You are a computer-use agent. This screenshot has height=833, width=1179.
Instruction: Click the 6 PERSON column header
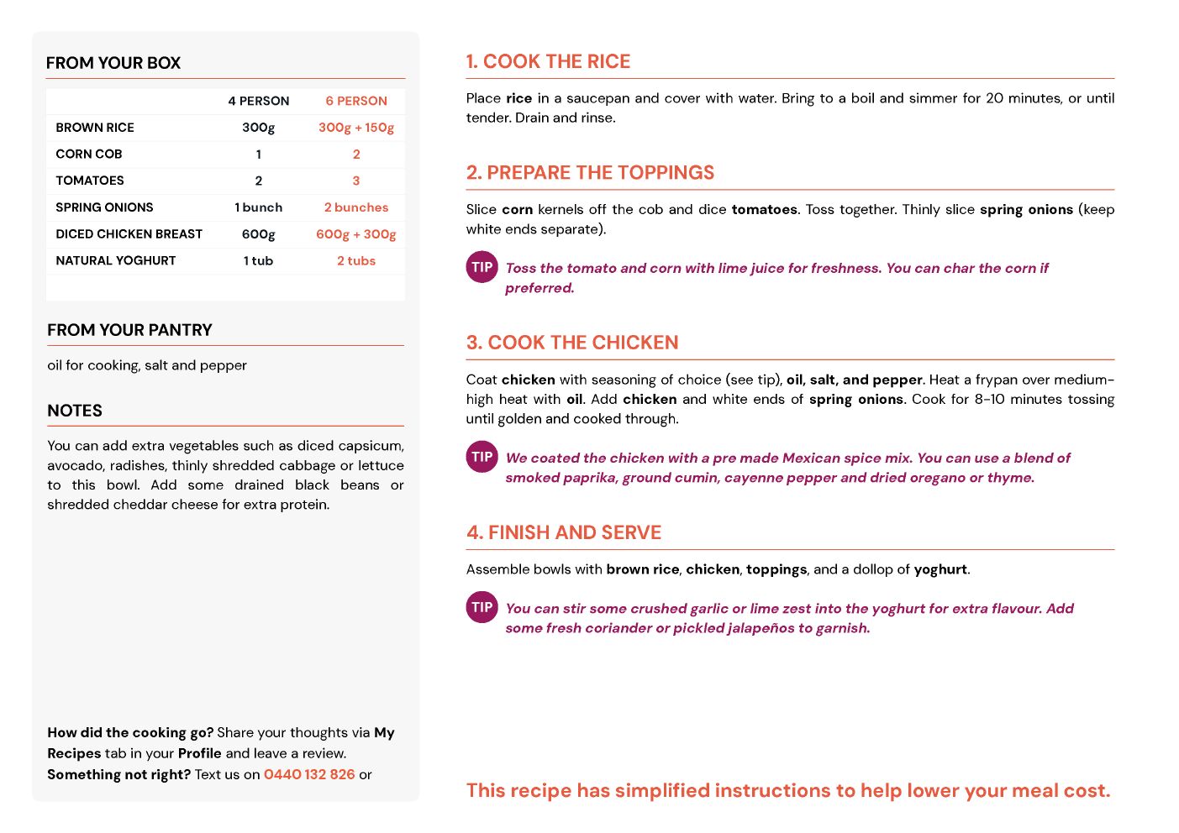tap(356, 101)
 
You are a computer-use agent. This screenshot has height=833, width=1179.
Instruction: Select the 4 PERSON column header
tap(258, 101)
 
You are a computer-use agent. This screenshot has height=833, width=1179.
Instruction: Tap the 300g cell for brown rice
tap(258, 128)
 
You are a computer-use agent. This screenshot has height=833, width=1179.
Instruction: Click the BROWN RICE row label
tap(95, 128)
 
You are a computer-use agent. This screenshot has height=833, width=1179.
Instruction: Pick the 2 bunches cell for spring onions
tap(356, 207)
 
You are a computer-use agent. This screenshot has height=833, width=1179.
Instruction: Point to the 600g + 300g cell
tap(356, 234)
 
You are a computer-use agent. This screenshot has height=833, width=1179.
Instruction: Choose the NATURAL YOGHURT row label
tap(116, 261)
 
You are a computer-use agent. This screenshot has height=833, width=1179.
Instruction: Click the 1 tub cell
tap(258, 261)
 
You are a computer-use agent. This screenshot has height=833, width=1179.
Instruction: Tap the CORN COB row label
tap(89, 155)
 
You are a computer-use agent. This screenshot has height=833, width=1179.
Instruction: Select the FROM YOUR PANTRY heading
tap(129, 330)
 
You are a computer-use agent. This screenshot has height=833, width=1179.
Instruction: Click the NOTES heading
tap(75, 411)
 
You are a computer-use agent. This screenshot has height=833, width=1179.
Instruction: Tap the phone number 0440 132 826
tap(309, 774)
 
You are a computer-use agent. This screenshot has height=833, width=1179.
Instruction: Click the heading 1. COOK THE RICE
tap(548, 61)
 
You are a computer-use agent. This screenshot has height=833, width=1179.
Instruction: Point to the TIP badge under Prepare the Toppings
tap(482, 268)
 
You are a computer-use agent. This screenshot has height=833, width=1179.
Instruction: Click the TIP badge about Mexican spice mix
tap(482, 458)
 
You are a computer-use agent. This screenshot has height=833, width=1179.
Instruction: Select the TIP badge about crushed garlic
tap(482, 607)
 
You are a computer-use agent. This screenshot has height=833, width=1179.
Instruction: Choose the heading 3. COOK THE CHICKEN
tap(572, 343)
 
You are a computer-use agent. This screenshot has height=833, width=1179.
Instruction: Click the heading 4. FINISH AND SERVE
tap(564, 532)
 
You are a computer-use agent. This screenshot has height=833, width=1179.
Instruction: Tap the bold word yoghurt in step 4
tap(940, 569)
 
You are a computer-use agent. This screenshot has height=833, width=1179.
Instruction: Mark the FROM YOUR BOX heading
tap(113, 63)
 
